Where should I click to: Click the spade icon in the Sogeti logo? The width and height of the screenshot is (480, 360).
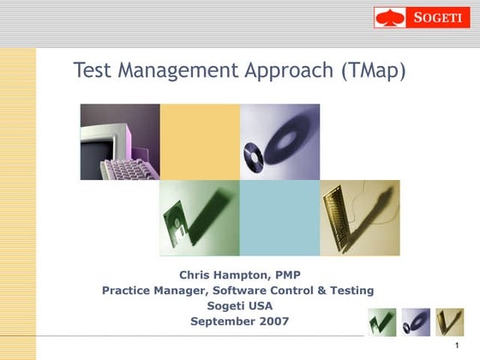[389, 18]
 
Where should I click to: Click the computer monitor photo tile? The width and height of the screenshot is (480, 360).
[120, 141]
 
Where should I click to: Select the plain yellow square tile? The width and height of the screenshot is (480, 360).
[200, 141]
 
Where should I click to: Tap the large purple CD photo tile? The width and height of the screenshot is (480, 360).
[279, 141]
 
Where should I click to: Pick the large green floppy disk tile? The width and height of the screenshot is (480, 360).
[200, 218]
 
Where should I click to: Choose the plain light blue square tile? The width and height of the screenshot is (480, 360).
[279, 218]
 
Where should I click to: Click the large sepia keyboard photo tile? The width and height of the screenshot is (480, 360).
[359, 218]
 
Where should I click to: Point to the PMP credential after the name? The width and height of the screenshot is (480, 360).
[286, 275]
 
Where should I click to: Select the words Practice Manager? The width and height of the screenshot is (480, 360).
[148, 291]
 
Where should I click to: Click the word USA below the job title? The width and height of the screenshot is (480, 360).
[258, 306]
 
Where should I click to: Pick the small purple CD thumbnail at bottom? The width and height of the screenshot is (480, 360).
[416, 322]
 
